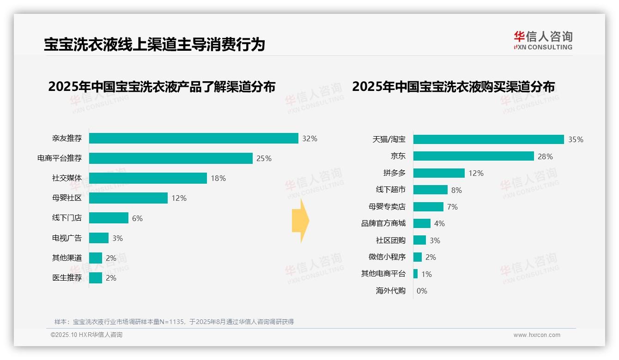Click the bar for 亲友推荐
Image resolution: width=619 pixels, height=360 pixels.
coord(194,138)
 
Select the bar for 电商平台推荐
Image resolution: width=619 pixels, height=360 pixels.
coord(171,158)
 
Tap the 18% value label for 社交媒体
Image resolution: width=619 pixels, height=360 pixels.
coord(218,178)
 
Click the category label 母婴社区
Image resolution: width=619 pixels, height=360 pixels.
coord(67,198)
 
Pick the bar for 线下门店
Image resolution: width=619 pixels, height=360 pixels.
coord(109,218)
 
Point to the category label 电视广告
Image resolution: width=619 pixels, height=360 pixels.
coord(67,238)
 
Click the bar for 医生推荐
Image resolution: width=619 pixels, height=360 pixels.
coord(96,278)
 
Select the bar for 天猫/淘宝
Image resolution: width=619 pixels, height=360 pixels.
coord(488,139)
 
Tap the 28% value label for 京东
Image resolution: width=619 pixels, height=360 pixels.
coord(545,156)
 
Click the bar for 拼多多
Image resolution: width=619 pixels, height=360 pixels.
coord(439,173)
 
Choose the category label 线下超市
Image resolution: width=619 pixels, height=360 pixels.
coord(390,190)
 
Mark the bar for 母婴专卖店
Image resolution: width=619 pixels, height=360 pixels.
coord(428,207)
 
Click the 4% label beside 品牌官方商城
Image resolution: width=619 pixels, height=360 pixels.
coord(439,223)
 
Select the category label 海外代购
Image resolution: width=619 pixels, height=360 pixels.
coord(390,291)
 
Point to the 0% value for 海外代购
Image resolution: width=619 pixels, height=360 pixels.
coord(422,291)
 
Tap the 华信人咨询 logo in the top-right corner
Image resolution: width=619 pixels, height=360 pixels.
coord(543,40)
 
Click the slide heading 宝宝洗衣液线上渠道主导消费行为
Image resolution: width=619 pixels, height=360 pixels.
coord(154,44)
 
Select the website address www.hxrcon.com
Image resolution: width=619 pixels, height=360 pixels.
coord(537,335)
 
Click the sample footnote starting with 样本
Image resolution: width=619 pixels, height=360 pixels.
coord(174,322)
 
